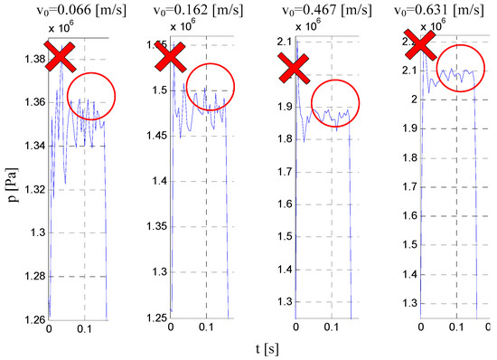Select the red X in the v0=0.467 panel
294,68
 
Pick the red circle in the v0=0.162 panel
205,88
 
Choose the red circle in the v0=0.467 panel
329,106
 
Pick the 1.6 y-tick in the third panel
280,194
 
